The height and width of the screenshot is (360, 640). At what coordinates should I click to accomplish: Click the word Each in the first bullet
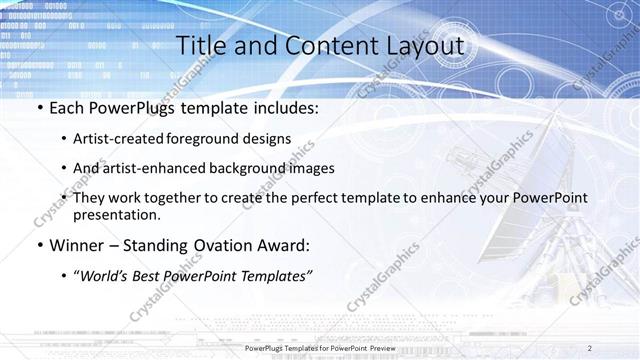coord(68,108)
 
